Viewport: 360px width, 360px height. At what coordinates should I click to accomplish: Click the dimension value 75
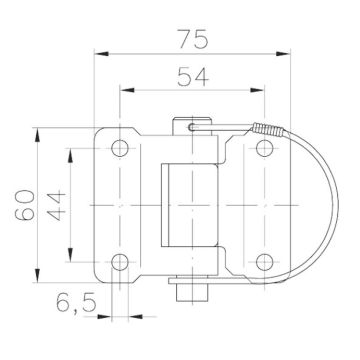[193, 39]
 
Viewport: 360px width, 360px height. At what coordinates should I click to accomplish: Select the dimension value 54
[193, 77]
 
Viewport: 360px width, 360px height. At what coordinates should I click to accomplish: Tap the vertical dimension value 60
[25, 205]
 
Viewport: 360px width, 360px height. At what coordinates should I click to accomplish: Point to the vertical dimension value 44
[56, 205]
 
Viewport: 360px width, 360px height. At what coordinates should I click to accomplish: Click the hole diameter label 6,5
[76, 303]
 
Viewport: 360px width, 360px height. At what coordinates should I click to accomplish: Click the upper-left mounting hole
[120, 148]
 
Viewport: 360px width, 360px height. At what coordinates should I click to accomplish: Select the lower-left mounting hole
[120, 262]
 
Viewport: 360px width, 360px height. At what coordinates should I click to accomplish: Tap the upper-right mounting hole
[265, 148]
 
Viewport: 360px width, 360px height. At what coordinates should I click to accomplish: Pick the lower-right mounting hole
[265, 262]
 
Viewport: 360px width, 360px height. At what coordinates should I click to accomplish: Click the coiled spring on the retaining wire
[269, 129]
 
